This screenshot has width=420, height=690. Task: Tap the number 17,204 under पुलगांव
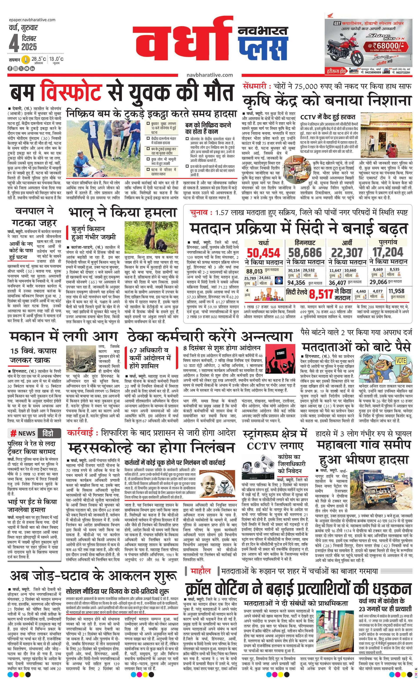tap(388, 252)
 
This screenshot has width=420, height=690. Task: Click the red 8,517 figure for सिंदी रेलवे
tap(321, 295)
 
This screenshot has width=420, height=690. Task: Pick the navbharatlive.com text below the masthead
tap(210, 75)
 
